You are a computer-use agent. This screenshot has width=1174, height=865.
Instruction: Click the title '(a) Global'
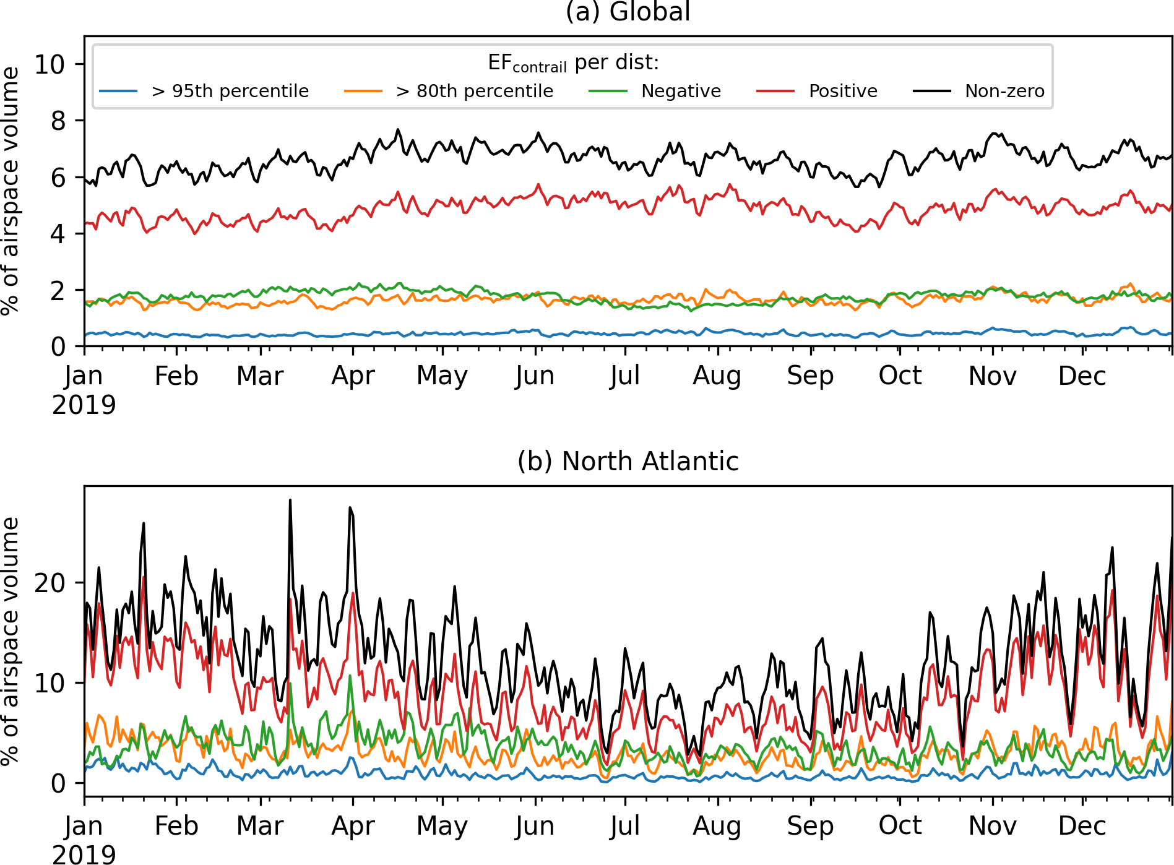point(628,12)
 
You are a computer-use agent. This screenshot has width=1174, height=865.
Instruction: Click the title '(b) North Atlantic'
point(628,462)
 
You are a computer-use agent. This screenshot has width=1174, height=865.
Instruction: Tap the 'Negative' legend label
point(681,91)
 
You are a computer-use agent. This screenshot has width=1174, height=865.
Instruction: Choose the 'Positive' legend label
point(843,91)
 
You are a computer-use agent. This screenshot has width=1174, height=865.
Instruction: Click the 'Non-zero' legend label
point(1004,91)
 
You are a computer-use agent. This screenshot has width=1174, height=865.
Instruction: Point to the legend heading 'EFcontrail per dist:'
point(573,63)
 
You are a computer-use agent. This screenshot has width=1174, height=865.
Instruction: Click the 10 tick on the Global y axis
point(50,64)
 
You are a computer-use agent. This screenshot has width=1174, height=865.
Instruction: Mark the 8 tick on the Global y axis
point(58,121)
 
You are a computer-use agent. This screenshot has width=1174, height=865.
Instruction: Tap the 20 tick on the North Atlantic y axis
point(50,583)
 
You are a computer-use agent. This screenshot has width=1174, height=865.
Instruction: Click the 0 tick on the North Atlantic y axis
point(58,783)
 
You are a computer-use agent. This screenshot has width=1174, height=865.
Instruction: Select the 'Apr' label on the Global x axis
point(353,376)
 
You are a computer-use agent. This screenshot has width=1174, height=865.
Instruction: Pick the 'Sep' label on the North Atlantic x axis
point(810,826)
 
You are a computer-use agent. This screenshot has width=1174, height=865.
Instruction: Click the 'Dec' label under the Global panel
point(1082,376)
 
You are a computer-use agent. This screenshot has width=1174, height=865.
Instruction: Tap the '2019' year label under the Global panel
point(84,405)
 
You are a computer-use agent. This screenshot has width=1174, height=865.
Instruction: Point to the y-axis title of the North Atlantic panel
point(11,641)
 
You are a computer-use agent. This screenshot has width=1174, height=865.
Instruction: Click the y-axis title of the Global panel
point(11,191)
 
